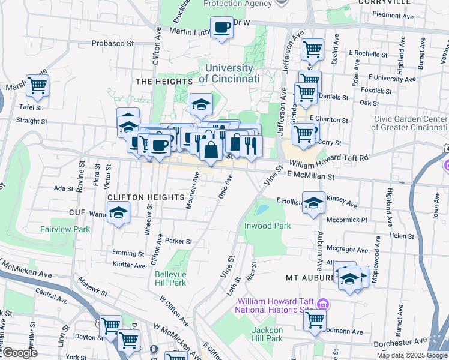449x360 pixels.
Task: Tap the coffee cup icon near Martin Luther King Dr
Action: (x=221, y=28)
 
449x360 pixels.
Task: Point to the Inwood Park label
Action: (x=267, y=226)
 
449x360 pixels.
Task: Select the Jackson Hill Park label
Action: (x=267, y=334)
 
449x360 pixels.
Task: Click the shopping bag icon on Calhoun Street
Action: (x=211, y=151)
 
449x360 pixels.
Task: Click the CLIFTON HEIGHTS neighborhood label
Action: (x=145, y=197)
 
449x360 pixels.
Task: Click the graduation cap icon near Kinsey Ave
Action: (x=313, y=203)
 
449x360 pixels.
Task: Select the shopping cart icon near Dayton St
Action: (x=110, y=326)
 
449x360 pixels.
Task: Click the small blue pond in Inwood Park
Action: (x=262, y=210)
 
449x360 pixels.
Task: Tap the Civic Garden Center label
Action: (x=410, y=122)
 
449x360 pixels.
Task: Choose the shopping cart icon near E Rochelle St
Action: (x=312, y=49)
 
